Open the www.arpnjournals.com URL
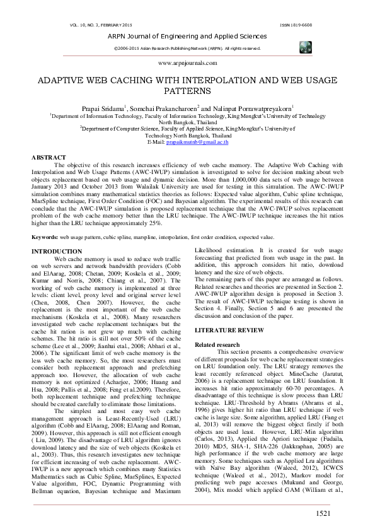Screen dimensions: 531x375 pyautogui.click(x=187, y=63)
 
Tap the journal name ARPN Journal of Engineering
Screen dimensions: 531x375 pyautogui.click(x=187, y=37)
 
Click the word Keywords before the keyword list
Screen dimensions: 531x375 pyautogui.click(x=45, y=236)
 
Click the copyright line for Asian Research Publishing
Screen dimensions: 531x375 pyautogui.click(x=187, y=48)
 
